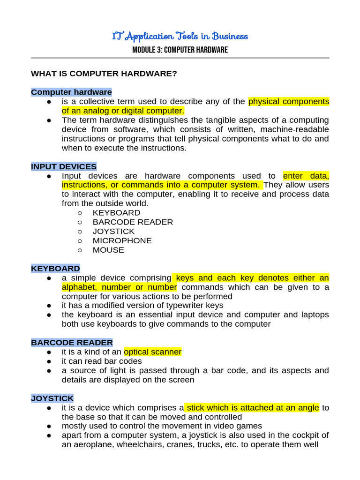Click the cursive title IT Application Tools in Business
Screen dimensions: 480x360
180,36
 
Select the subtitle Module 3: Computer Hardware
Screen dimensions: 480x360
180,50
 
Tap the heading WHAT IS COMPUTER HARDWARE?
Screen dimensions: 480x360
104,74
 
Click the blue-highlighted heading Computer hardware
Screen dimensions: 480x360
71,92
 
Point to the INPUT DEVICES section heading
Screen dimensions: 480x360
64,166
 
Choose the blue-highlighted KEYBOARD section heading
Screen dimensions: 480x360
55,269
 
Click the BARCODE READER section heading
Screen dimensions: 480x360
72,343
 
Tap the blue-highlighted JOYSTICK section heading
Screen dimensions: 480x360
52,398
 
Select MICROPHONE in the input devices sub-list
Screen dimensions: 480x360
122,240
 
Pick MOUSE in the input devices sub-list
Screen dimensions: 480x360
108,250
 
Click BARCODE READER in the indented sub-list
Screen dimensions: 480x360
133,222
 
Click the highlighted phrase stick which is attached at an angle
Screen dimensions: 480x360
252,408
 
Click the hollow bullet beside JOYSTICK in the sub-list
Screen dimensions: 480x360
80,232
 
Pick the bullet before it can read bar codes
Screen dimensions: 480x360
49,361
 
